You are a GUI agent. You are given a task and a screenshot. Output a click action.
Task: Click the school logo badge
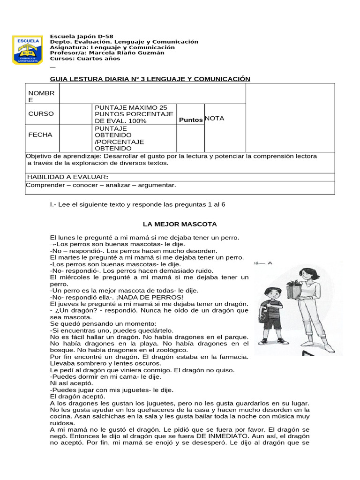27,49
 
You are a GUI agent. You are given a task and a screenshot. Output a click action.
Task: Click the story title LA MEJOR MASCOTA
180,225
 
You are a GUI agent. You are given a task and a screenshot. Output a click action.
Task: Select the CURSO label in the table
41,114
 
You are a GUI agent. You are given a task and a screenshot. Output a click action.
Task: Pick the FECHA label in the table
40,135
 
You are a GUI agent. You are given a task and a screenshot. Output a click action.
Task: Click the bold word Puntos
191,120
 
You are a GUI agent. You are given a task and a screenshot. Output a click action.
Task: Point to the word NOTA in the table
215,119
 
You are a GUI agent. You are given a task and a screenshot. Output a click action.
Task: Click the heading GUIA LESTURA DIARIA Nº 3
150,79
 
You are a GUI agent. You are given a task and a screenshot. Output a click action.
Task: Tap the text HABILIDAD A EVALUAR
67,177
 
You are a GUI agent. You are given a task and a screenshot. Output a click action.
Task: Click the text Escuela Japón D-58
81,36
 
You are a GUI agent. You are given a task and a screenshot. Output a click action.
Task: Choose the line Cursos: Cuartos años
85,59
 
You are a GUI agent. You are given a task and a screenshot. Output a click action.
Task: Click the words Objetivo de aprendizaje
64,156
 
